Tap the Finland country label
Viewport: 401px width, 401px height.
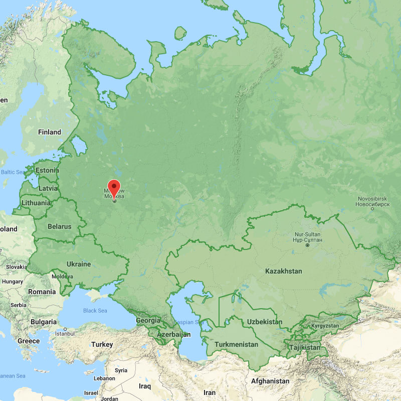[50, 132]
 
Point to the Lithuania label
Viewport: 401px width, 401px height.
[36, 203]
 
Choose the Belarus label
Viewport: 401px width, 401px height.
[59, 227]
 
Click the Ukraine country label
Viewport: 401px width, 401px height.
[79, 264]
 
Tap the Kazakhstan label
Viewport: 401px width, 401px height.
[284, 271]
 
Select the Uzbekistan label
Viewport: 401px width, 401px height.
[265, 322]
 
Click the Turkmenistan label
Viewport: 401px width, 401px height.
[236, 344]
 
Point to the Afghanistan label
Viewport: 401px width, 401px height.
[270, 381]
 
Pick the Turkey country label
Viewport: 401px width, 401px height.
[102, 345]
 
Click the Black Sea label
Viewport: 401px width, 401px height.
[95, 311]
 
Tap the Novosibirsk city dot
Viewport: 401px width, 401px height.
[372, 208]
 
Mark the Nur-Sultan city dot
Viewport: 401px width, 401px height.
[307, 245]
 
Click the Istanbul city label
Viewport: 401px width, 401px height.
[64, 333]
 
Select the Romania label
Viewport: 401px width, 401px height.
[42, 292]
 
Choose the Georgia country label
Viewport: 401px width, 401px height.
[148, 320]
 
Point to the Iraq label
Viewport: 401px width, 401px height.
[145, 386]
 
